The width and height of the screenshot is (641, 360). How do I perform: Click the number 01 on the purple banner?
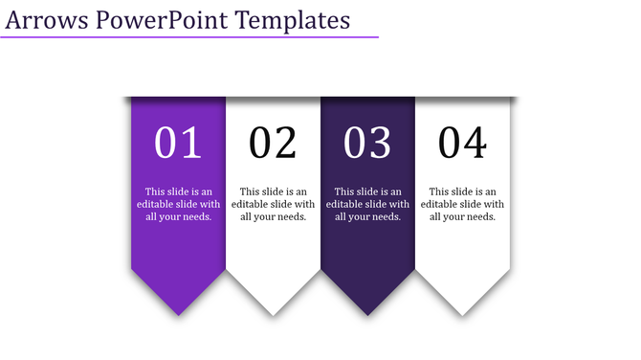[178, 143]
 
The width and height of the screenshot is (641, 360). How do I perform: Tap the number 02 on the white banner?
[273, 143]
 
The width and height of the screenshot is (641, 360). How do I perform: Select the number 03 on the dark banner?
[367, 143]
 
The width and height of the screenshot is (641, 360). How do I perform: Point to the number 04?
[462, 143]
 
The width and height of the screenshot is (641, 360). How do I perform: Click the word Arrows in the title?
[47, 19]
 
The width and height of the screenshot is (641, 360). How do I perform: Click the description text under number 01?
[178, 204]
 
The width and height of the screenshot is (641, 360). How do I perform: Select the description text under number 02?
[273, 204]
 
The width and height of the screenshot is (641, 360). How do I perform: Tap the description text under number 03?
[367, 204]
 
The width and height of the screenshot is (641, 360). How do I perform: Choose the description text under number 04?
[462, 204]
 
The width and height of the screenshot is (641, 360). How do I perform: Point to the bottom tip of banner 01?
[178, 313]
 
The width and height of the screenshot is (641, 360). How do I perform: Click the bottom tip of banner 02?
[273, 313]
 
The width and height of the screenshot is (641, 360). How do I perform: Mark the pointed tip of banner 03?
[367, 313]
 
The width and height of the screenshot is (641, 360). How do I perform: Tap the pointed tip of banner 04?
[462, 313]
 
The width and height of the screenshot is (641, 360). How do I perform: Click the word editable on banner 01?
[157, 204]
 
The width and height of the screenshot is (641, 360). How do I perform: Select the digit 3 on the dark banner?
[380, 143]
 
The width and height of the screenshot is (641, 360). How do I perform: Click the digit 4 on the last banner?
[475, 143]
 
